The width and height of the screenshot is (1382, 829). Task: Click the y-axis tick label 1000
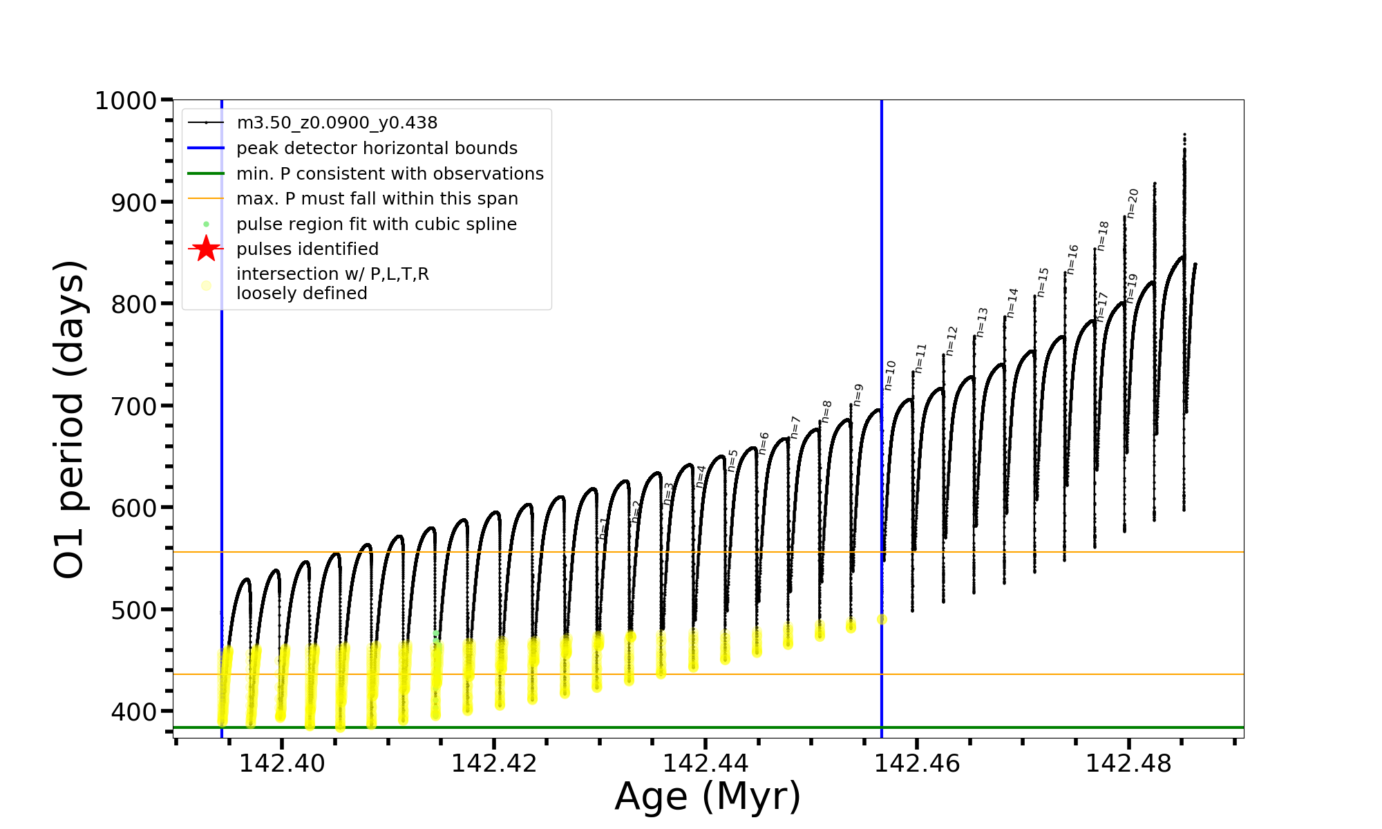(126, 101)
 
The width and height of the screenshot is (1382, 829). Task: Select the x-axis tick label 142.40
(281, 763)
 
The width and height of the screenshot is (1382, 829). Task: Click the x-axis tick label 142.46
(917, 763)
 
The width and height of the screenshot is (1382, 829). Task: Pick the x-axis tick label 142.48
(1128, 763)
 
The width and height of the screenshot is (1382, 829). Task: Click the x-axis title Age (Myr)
(708, 797)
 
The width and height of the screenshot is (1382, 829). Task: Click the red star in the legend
(206, 249)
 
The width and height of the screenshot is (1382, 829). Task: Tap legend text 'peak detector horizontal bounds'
(377, 149)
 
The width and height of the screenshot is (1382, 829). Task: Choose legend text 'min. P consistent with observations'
(390, 174)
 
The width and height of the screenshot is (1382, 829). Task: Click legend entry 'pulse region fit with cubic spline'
(376, 225)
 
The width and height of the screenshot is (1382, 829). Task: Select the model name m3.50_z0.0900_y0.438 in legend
(337, 123)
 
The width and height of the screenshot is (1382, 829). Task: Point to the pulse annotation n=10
(890, 375)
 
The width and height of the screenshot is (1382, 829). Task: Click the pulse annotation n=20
(1133, 203)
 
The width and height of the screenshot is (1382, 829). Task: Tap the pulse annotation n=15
(1043, 283)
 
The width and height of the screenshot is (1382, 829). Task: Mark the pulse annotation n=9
(858, 395)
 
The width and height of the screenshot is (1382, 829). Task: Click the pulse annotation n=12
(952, 341)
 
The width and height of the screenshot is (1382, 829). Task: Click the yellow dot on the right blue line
(882, 620)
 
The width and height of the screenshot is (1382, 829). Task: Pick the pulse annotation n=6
(764, 443)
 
